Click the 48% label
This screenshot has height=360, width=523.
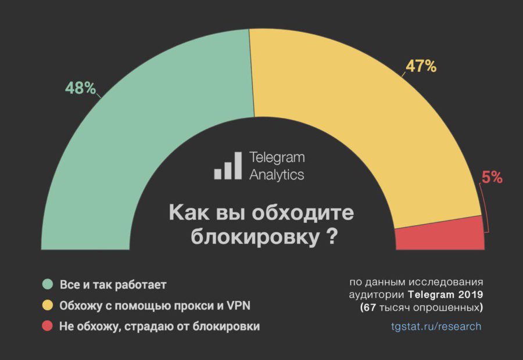click(x=81, y=88)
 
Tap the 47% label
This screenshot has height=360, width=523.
click(x=421, y=66)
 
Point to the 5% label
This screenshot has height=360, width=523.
click(x=492, y=178)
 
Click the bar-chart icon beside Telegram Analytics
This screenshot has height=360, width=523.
click(x=228, y=166)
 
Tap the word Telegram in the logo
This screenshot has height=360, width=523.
click(x=277, y=157)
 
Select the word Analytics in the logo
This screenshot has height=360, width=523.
click(x=277, y=174)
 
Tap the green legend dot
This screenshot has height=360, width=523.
click(x=48, y=285)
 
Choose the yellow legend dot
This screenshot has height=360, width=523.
click(x=48, y=305)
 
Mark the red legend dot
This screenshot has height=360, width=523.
click(x=48, y=326)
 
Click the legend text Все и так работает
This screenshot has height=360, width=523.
click(x=113, y=285)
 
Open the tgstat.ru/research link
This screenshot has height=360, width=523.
click(x=436, y=326)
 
